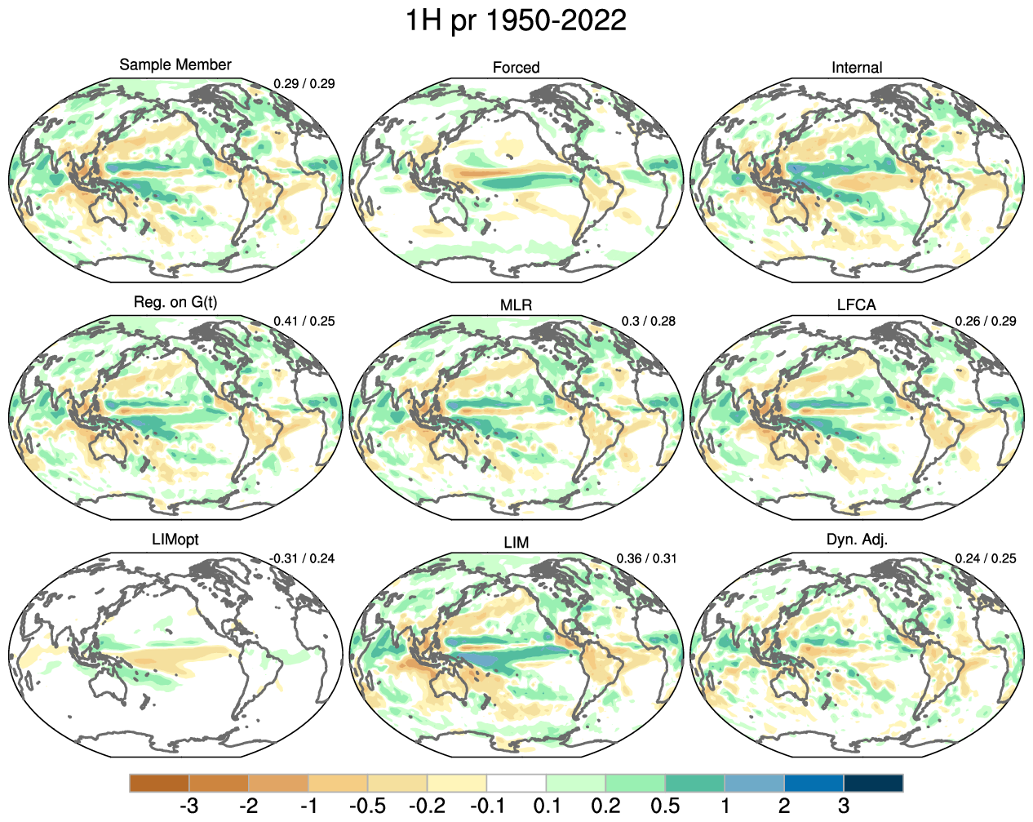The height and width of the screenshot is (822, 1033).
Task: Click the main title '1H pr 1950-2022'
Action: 516,20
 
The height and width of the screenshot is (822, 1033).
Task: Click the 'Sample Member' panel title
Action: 175,64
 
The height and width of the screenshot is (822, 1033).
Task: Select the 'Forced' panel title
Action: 516,68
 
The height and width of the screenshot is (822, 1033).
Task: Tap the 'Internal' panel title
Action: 857,68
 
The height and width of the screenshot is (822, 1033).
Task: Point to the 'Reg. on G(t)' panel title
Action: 175,302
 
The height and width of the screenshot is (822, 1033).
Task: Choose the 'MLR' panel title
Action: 516,305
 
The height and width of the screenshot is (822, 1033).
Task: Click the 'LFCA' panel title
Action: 857,305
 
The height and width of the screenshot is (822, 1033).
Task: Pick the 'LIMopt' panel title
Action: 175,540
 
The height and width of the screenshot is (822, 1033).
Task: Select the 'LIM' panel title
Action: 516,543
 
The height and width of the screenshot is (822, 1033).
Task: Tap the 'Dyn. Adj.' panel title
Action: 857,540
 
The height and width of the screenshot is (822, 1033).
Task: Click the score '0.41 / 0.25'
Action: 304,321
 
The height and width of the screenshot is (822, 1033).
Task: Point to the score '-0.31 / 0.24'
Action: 302,558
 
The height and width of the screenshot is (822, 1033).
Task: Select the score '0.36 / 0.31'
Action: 645,558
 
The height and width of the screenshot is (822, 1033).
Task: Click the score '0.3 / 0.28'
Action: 648,321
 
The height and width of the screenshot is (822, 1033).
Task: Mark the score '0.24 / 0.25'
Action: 986,558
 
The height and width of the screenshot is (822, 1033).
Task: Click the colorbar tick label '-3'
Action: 188,806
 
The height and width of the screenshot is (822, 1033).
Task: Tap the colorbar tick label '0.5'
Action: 665,806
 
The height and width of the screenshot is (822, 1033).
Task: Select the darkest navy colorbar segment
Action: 873,784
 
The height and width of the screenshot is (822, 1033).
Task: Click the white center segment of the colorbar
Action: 516,784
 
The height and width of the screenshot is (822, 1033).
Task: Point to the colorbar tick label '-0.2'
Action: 427,806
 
